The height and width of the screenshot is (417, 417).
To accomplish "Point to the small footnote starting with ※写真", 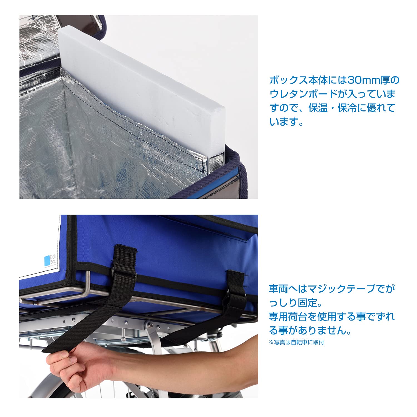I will point(296,342).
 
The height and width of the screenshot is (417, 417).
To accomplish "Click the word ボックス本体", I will point(299,80).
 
